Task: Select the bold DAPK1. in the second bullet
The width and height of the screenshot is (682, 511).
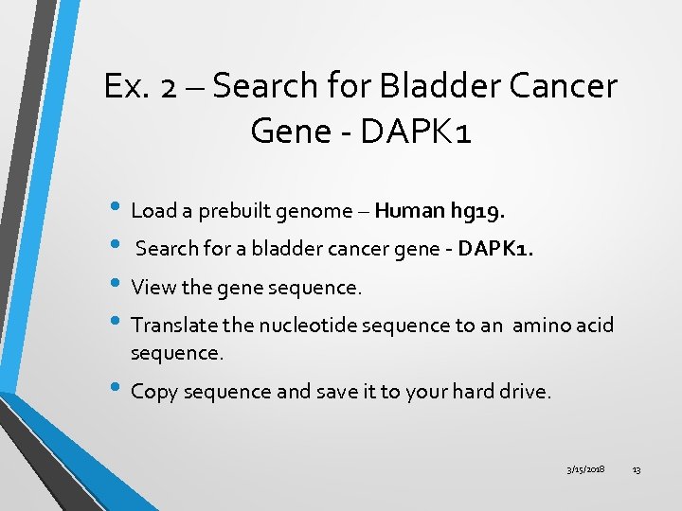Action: pyautogui.click(x=496, y=249)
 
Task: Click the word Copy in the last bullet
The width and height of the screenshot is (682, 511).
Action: pyautogui.click(x=153, y=392)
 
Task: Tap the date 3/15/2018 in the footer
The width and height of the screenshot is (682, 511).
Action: pyautogui.click(x=586, y=470)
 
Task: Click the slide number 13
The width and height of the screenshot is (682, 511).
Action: pyautogui.click(x=637, y=470)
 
